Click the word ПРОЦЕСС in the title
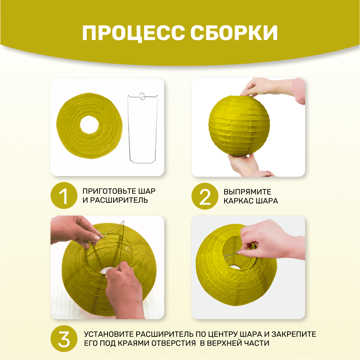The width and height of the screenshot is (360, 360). [x=133, y=33]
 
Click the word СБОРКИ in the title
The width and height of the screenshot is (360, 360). [x=234, y=33]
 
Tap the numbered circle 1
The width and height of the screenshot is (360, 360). [x=64, y=196]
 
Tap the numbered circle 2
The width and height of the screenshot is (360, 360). [x=205, y=196]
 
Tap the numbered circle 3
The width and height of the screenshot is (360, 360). [x=64, y=339]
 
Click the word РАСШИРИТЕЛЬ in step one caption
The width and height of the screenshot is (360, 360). [x=119, y=200]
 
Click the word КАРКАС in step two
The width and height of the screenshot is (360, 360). [x=238, y=201]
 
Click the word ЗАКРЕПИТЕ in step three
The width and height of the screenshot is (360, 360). [x=294, y=334]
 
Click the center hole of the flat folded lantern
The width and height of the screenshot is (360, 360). [x=90, y=125]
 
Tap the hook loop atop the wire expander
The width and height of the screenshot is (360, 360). [x=142, y=96]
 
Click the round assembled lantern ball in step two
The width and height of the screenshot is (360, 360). [x=239, y=125]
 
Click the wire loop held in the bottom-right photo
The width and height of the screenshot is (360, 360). [x=227, y=257]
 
